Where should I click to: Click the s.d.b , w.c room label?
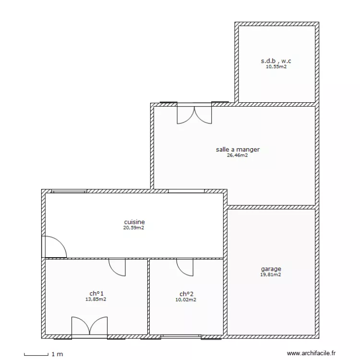tap(276, 61)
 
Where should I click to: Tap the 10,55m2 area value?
tap(276, 67)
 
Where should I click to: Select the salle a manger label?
tap(238, 149)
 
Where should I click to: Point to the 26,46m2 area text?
tap(238, 155)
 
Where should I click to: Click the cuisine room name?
tap(134, 222)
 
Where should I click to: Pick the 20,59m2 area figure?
tap(134, 228)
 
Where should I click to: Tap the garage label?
tap(271, 269)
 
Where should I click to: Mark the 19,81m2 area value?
tap(271, 275)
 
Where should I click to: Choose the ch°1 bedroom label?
tap(96, 293)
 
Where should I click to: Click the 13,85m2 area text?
tap(96, 299)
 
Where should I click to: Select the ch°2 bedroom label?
tap(186, 294)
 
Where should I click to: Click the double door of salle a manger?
tap(194, 114)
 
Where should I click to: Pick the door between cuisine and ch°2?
tap(185, 266)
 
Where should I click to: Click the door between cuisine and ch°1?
tap(117, 266)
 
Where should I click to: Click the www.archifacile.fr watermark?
tap(312, 353)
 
